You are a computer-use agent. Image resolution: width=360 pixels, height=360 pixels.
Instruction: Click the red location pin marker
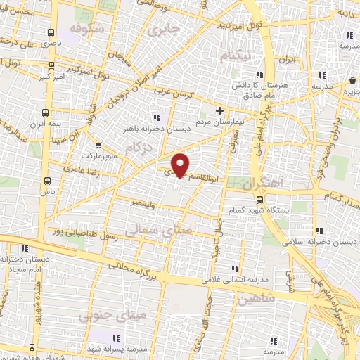[x=181, y=165]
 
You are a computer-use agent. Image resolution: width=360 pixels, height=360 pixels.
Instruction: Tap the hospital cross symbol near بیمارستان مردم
[x=220, y=110]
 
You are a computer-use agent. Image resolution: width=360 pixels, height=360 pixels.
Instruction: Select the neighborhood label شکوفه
[x=89, y=29]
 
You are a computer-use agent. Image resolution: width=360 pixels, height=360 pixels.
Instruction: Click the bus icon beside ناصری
[x=51, y=32]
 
